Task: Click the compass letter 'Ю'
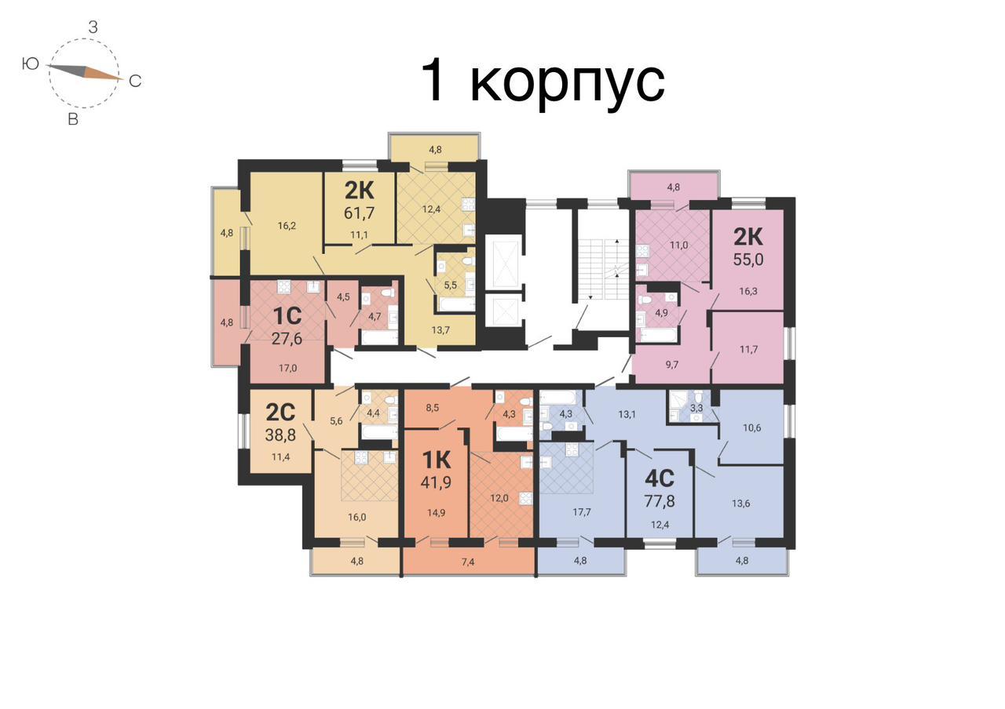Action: [x=31, y=64]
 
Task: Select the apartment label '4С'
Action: [x=660, y=478]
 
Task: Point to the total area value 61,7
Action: [x=359, y=213]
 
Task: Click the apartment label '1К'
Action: [x=436, y=459]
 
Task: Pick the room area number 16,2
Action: [x=287, y=226]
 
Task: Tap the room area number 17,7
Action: [x=582, y=512]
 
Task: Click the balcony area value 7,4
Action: [x=467, y=562]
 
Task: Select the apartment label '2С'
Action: [x=280, y=413]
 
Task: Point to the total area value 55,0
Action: [x=748, y=260]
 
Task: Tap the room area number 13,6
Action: [x=740, y=504]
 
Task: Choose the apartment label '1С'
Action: [x=287, y=316]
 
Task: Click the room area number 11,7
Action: [x=748, y=350]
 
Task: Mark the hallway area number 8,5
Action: [x=432, y=409]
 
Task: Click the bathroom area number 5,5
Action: [x=450, y=285]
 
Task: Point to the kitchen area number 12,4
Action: [x=431, y=209]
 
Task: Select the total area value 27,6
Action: [x=287, y=339]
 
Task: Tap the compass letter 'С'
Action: [x=135, y=81]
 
